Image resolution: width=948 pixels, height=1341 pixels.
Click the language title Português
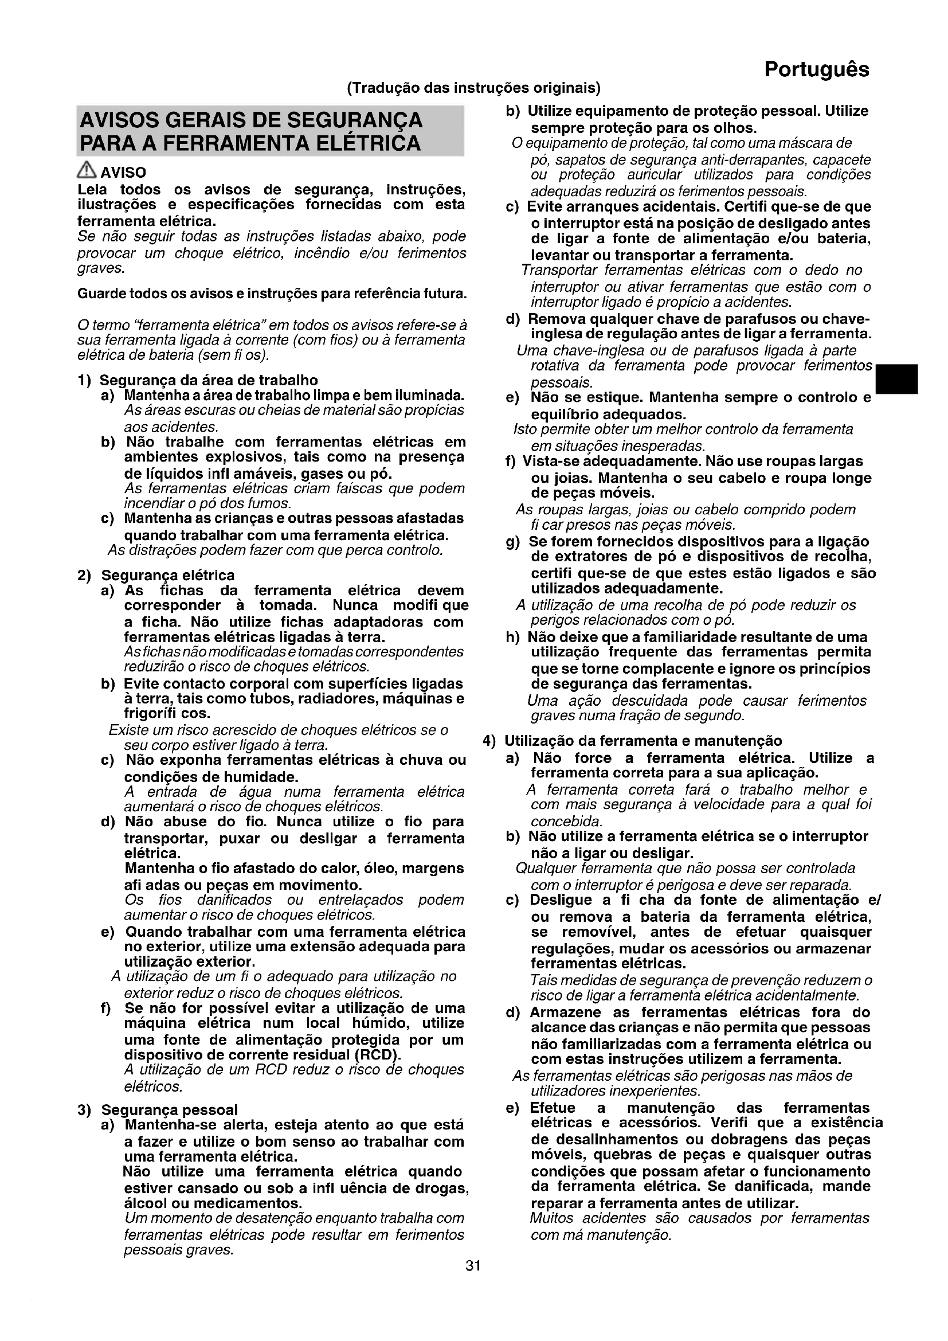coord(816,69)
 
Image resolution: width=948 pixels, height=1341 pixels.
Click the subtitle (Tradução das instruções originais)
coord(473,88)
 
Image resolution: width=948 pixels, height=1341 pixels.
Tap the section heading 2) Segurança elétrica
coord(156,575)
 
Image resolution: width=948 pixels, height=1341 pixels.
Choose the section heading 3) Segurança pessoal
coord(158,1110)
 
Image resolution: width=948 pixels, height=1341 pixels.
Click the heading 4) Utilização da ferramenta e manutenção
coord(632,741)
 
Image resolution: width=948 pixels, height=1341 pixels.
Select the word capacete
coord(846,160)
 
